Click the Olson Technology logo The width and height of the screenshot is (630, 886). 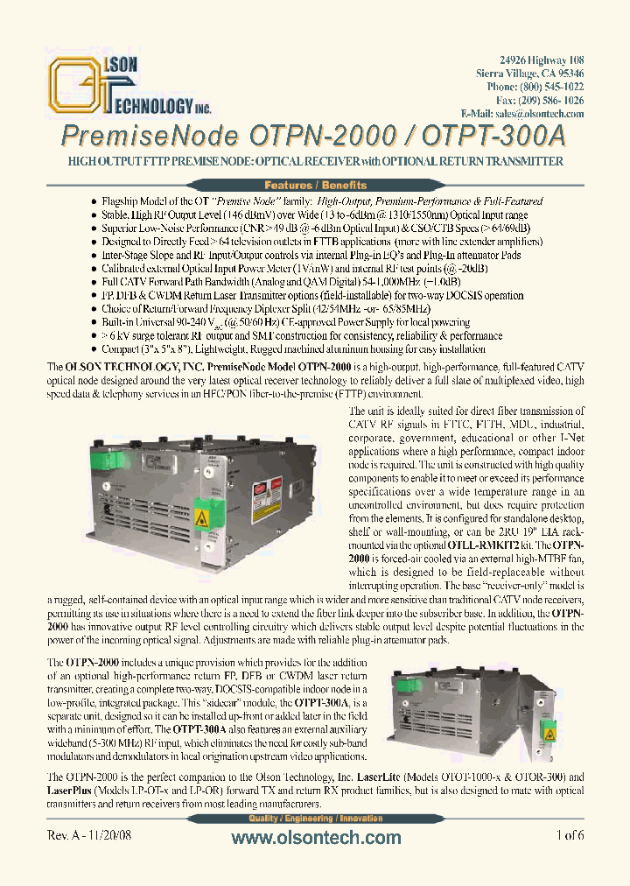129,86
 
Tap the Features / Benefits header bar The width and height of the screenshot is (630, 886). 315,185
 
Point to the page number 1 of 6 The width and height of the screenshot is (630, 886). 569,836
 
